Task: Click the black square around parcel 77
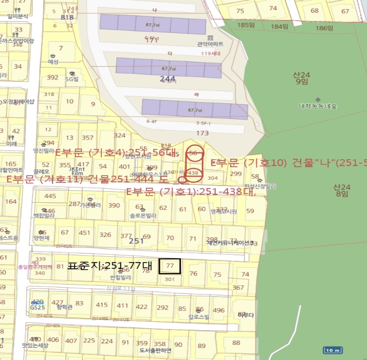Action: (x=170, y=266)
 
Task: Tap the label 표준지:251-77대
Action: (x=110, y=266)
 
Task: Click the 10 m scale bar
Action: (x=333, y=351)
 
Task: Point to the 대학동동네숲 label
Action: (x=318, y=106)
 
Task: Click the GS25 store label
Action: (x=37, y=308)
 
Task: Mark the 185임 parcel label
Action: (x=245, y=25)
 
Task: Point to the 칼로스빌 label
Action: (x=199, y=317)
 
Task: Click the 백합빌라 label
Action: (x=44, y=215)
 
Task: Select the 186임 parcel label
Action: (x=316, y=26)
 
